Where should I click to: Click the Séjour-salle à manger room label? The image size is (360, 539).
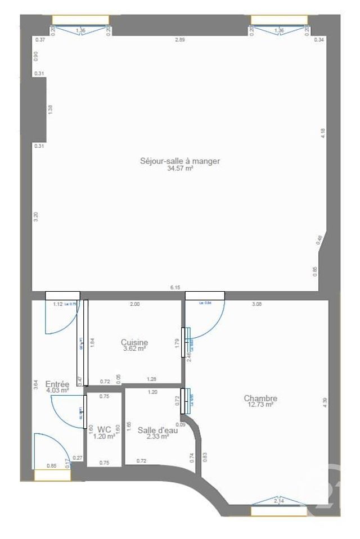point(180,161)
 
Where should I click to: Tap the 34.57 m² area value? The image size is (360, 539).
point(180,168)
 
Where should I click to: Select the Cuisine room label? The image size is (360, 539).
point(134,342)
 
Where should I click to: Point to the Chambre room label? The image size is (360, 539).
point(260,398)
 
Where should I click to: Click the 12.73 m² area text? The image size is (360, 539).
point(260,405)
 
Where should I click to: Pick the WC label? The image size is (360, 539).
point(104,430)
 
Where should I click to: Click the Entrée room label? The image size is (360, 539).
point(57,384)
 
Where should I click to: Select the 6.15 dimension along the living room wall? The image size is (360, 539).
point(175,288)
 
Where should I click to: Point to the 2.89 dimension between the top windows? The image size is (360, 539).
point(179,40)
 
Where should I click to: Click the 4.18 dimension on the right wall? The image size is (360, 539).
point(323,133)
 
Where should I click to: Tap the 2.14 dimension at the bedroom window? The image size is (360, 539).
point(278,500)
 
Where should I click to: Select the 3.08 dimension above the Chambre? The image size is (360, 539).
point(256,304)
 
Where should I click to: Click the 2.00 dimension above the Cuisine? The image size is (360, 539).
point(135,304)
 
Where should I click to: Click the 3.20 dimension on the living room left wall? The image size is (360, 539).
point(35,216)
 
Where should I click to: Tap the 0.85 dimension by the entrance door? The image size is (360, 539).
point(51,465)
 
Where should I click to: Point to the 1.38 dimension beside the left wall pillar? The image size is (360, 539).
point(50,110)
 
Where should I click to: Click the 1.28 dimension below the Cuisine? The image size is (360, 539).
point(151,379)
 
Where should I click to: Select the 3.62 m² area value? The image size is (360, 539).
point(134,348)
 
